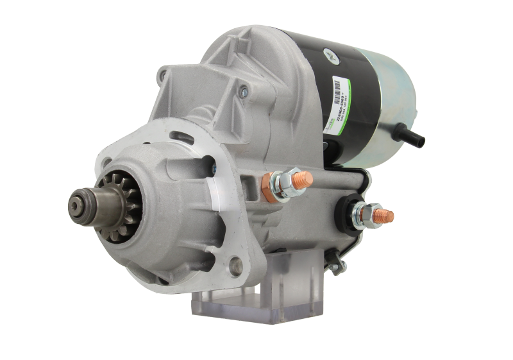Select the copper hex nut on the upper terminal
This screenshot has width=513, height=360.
click(x=267, y=180)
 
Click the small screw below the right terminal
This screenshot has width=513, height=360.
click(x=333, y=259)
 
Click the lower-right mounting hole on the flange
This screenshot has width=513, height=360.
click(x=238, y=263)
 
